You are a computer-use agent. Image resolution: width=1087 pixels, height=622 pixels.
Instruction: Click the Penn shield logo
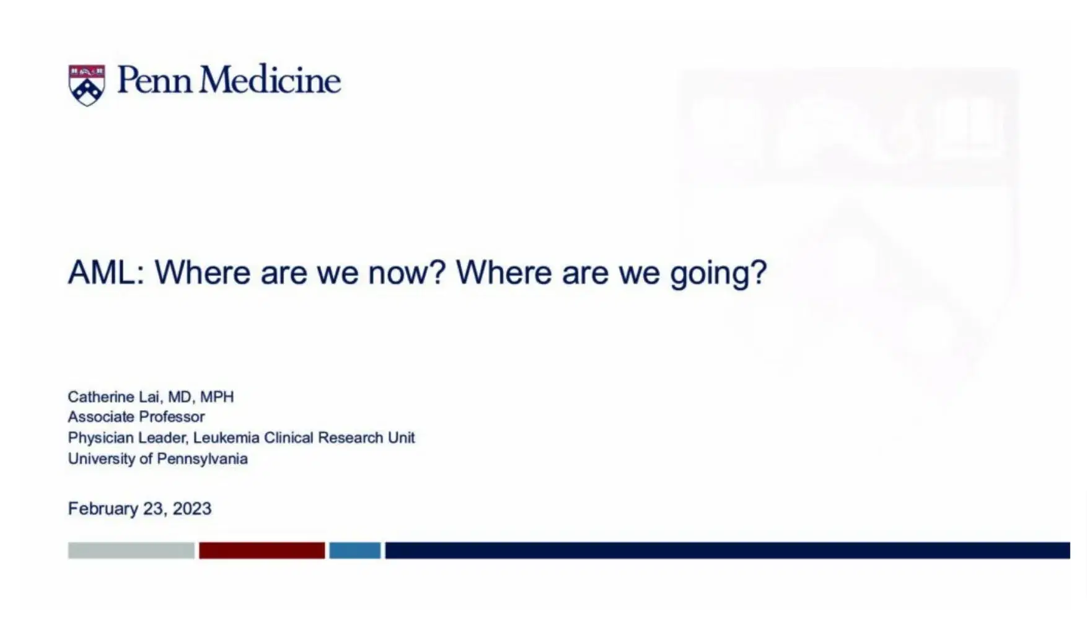(x=86, y=85)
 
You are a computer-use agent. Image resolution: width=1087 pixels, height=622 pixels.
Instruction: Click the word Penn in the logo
(x=154, y=81)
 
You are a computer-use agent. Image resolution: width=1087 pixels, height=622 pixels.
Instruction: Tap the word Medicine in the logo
(x=270, y=81)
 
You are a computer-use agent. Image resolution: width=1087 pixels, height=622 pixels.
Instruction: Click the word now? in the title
(x=407, y=273)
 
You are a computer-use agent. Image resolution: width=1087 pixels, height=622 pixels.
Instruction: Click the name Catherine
(x=100, y=397)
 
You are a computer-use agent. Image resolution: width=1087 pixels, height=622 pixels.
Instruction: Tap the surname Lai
(x=149, y=397)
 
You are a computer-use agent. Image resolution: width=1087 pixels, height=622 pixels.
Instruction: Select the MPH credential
(x=217, y=397)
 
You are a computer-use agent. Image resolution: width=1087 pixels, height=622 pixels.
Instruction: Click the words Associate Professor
(x=136, y=417)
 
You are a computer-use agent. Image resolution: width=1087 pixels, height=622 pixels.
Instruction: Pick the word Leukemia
(x=226, y=438)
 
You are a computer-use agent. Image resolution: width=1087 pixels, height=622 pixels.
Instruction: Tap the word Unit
(x=401, y=438)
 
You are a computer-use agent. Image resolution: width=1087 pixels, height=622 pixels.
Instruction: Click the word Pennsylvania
(x=202, y=459)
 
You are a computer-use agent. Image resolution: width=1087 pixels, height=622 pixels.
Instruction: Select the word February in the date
(x=103, y=509)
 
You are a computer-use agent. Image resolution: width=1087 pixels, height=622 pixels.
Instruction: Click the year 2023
(x=192, y=509)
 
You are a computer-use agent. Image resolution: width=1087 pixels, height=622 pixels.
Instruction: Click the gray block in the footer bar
(x=131, y=551)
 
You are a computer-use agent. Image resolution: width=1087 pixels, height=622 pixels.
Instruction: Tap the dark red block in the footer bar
(x=262, y=551)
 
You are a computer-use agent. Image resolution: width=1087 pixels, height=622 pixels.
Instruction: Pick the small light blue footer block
(x=354, y=551)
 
